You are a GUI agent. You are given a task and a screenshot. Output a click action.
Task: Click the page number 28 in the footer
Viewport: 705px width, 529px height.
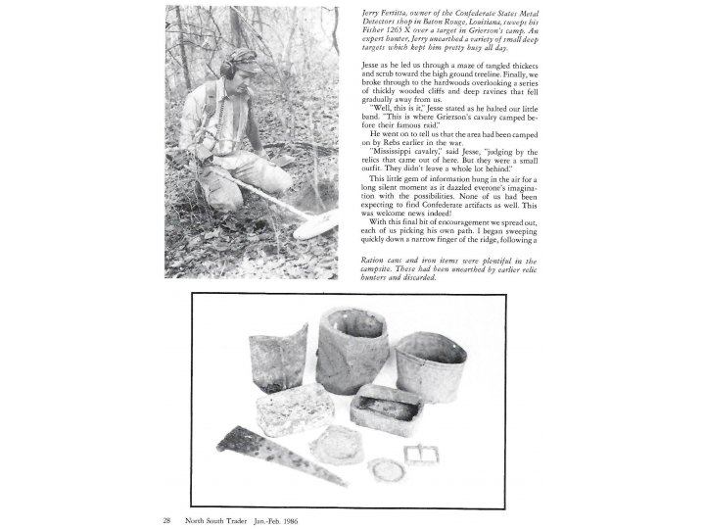169,520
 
